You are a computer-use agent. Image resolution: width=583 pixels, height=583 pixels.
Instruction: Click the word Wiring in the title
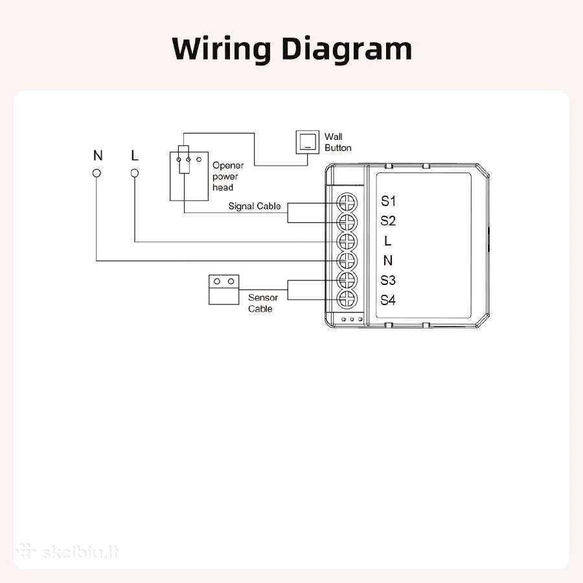222,49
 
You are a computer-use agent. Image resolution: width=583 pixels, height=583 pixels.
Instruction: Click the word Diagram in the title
347,49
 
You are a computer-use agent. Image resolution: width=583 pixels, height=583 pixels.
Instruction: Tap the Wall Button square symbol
307,142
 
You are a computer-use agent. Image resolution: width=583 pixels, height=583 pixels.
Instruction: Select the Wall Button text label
337,142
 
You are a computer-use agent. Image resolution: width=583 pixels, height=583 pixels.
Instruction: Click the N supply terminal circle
97,173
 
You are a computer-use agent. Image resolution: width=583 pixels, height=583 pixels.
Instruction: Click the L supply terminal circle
135,173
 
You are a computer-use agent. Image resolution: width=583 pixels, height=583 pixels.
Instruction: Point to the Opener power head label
228,176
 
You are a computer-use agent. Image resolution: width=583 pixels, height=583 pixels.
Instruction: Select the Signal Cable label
255,206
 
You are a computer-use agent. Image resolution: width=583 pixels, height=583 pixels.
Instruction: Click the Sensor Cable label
263,303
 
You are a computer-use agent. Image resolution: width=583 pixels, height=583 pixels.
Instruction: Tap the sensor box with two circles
224,290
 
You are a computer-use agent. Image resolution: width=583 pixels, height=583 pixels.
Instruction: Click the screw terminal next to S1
347,203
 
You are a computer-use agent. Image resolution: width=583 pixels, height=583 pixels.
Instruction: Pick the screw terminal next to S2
347,222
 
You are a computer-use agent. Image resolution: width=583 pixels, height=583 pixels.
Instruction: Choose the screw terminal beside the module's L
347,242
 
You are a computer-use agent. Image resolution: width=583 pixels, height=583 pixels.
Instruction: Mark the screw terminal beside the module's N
347,260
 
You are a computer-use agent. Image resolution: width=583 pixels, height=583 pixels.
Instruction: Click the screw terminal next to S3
347,280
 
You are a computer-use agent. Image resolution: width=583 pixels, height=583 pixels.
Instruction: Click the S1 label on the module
388,201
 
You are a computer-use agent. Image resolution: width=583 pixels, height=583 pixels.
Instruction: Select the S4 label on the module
388,300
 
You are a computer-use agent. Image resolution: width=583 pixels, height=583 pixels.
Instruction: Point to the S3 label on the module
388,280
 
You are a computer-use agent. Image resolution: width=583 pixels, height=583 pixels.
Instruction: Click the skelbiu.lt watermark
67,552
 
